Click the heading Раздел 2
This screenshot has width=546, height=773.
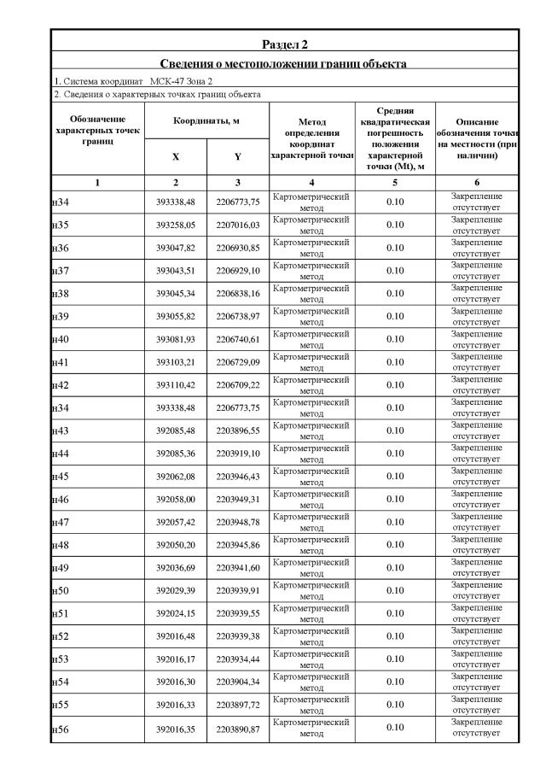[x=284, y=44]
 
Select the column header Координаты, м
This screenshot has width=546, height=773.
[x=206, y=120]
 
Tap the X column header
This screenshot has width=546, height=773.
[x=176, y=156]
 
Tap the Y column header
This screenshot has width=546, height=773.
[x=237, y=156]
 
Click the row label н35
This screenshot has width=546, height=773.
[x=60, y=225]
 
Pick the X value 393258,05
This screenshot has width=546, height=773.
[x=176, y=225]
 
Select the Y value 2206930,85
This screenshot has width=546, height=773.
[x=237, y=248]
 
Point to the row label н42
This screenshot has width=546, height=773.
[x=60, y=385]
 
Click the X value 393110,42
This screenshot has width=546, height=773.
[x=176, y=385]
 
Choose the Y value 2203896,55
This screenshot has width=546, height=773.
[x=237, y=430]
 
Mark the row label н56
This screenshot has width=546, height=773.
[x=60, y=728]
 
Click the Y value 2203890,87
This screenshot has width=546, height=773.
[x=237, y=728]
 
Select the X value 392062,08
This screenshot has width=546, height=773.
[x=176, y=477]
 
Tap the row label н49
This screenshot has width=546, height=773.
[x=60, y=568]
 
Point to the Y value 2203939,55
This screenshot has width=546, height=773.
[x=237, y=613]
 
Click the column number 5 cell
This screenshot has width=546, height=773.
[x=394, y=183]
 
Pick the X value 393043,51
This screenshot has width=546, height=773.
[x=176, y=271]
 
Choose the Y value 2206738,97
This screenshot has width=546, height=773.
[x=237, y=317]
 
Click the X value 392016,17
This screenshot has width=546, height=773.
[x=176, y=659]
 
